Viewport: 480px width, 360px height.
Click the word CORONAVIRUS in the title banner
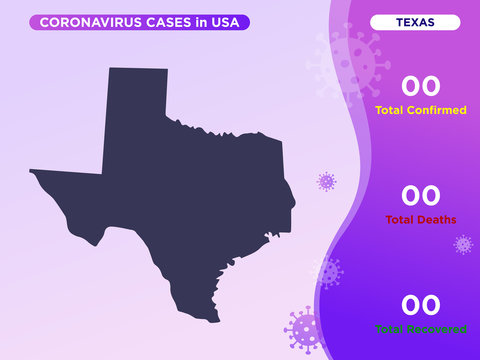[x=86, y=22]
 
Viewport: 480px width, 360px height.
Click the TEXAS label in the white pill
[x=414, y=22]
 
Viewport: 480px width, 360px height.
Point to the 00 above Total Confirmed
[x=420, y=86]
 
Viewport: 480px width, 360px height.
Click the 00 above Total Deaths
[x=420, y=195]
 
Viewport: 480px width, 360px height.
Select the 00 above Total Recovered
[x=420, y=304]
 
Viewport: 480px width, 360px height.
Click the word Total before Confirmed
[x=389, y=110]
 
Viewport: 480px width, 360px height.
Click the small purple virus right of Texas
[x=326, y=181]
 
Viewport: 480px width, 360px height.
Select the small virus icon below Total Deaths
[x=463, y=244]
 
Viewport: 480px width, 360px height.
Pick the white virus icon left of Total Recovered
[x=326, y=271]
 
